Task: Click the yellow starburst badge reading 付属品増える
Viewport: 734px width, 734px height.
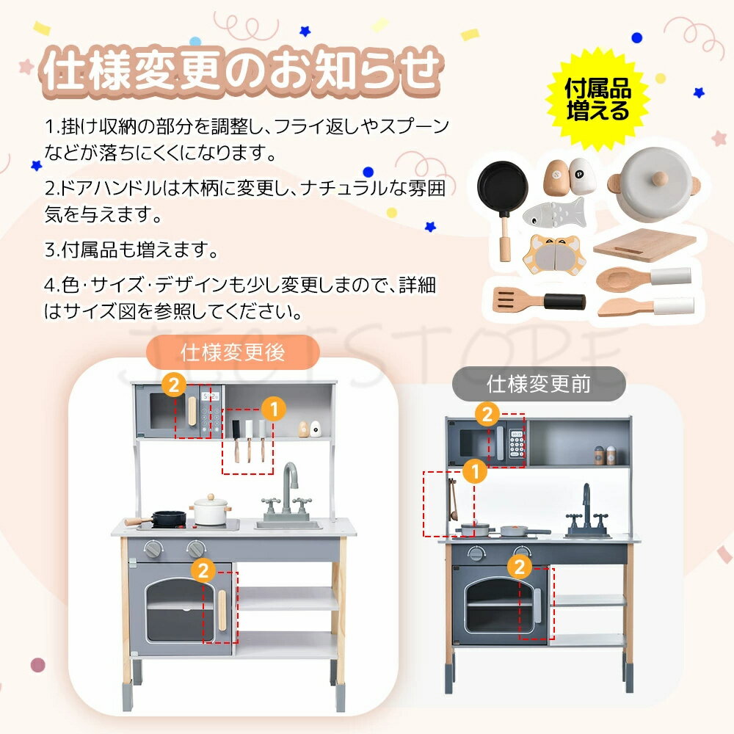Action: pyautogui.click(x=597, y=101)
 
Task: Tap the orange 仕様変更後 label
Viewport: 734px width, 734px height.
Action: pyautogui.click(x=233, y=352)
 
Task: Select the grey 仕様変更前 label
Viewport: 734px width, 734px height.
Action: pyautogui.click(x=538, y=384)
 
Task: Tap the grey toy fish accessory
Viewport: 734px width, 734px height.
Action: pyautogui.click(x=554, y=211)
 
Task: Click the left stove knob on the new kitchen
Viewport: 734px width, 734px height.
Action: pyautogui.click(x=153, y=548)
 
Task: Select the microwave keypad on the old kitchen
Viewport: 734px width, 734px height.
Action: pyautogui.click(x=517, y=445)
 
